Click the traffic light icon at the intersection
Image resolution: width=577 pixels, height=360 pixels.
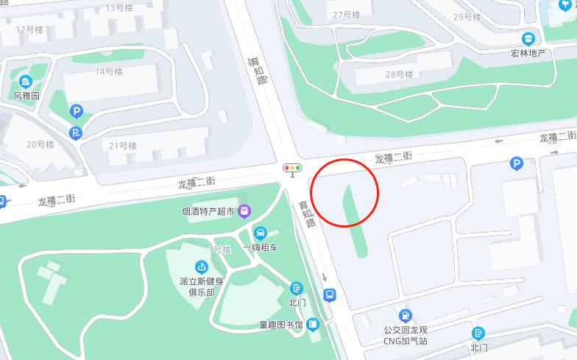tap(293, 168)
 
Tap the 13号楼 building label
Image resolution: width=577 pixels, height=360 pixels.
tap(119, 7)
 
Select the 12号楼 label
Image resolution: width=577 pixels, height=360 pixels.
tap(29, 29)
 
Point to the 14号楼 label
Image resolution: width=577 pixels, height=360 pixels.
tap(109, 71)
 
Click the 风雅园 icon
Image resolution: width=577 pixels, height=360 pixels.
tap(26, 81)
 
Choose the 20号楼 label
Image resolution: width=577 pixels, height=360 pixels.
tap(40, 144)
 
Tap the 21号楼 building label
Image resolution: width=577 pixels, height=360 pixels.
tap(123, 146)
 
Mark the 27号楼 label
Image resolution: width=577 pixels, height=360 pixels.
tap(347, 15)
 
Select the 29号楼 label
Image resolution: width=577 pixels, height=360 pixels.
tap(467, 17)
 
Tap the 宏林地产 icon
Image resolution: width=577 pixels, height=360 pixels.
tap(528, 39)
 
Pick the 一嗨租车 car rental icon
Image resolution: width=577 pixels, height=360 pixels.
tap(260, 233)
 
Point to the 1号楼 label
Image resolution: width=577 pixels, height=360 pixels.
tap(219, 250)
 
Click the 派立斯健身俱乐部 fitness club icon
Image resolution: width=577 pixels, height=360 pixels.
tap(200, 267)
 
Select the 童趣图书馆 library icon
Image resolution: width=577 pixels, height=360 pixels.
tap(313, 325)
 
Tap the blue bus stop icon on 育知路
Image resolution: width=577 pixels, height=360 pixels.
tap(330, 295)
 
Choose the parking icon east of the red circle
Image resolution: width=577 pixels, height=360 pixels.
tap(517, 164)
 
